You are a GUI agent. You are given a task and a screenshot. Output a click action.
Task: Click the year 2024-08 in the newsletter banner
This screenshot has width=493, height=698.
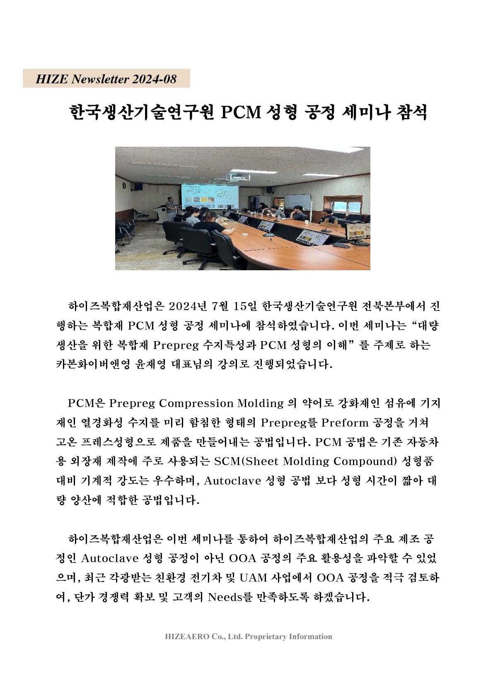pos(154,79)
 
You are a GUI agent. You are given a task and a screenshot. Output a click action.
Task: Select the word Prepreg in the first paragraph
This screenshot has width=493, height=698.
pos(174,345)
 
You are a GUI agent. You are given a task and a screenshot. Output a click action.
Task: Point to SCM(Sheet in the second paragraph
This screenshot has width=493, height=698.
pos(240,461)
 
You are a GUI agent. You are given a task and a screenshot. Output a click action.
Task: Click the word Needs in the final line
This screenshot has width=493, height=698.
pos(228,597)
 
